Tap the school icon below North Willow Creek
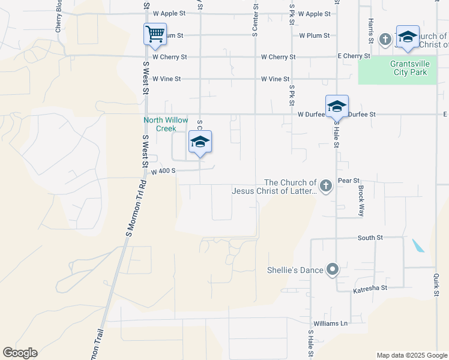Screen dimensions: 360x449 pyautogui.click(x=200, y=142)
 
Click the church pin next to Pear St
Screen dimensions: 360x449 pyautogui.click(x=325, y=185)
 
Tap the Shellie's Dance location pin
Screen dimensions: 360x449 pyautogui.click(x=333, y=270)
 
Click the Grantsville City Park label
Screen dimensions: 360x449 pyautogui.click(x=408, y=68)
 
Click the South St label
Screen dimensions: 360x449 pyautogui.click(x=370, y=238)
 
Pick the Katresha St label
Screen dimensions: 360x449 pyautogui.click(x=370, y=288)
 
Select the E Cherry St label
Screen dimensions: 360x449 pyautogui.click(x=354, y=56)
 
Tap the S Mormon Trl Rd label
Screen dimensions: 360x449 pyautogui.click(x=135, y=207)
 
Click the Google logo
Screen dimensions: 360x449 pyautogui.click(x=20, y=353)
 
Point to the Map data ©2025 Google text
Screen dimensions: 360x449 pyautogui.click(x=411, y=355)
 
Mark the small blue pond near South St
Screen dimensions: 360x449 pyautogui.click(x=418, y=245)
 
